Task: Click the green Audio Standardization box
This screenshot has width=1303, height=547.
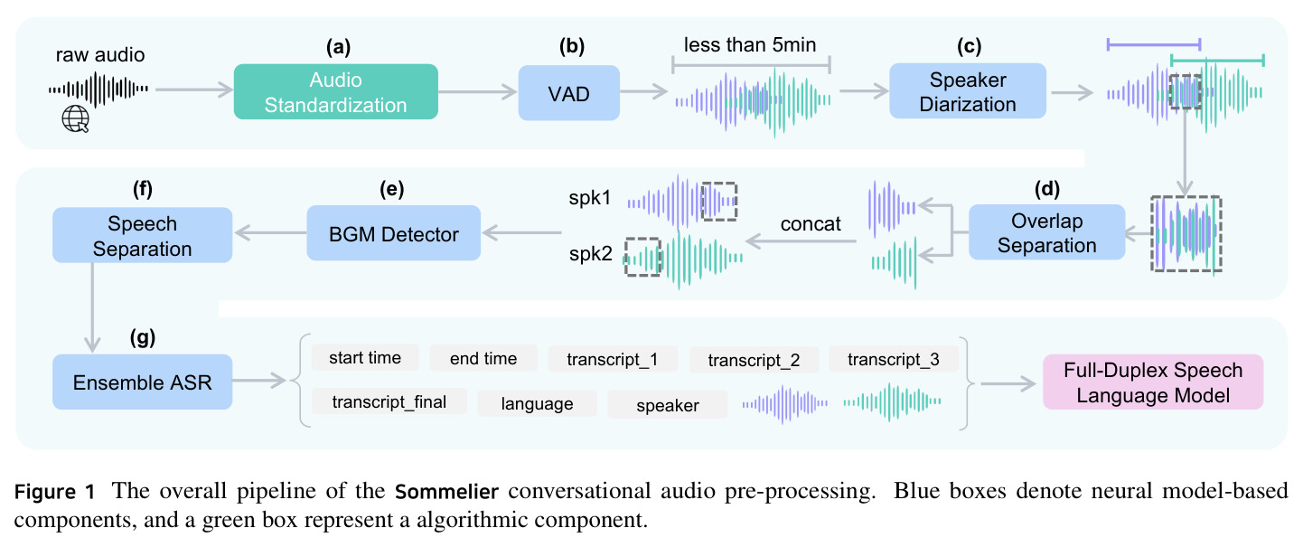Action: point(335,92)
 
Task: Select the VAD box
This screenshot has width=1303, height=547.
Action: point(569,93)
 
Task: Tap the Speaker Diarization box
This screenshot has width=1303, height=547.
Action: point(968,91)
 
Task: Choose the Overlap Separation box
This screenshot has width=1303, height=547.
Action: point(1046,232)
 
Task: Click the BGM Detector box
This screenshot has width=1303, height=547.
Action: point(394,232)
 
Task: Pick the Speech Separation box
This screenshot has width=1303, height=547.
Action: point(143,235)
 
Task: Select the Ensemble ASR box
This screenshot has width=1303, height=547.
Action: point(143,382)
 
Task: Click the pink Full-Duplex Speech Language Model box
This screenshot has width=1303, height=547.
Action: point(1153,382)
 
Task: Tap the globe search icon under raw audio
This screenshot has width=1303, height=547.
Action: point(76,119)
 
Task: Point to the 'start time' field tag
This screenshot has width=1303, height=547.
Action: point(365,357)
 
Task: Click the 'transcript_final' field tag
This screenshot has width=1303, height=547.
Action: point(389,401)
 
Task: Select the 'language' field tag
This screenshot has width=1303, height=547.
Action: point(537,403)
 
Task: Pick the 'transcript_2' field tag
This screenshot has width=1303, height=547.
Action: point(754,360)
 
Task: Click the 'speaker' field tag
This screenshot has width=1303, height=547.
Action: point(667,405)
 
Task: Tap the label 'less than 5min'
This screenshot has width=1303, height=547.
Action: point(750,45)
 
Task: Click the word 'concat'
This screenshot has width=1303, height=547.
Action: point(811,223)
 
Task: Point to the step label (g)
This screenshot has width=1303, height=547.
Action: point(143,337)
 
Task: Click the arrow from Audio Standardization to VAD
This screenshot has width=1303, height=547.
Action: point(478,91)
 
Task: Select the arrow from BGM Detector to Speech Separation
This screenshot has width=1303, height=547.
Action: point(270,232)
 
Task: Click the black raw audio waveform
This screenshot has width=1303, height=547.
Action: point(98,89)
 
